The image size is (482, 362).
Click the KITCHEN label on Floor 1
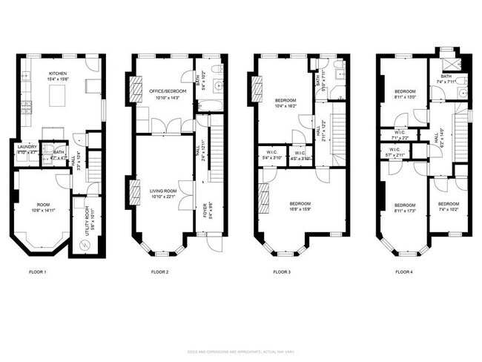pyautogui.click(x=59, y=73)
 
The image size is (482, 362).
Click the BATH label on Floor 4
pyautogui.click(x=446, y=76)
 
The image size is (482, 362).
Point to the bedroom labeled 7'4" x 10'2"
pyautogui.click(x=448, y=204)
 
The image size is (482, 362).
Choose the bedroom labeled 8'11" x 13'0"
pyautogui.click(x=405, y=92)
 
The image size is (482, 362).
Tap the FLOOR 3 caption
pyautogui.click(x=281, y=272)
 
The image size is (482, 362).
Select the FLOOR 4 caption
pyautogui.click(x=405, y=272)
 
